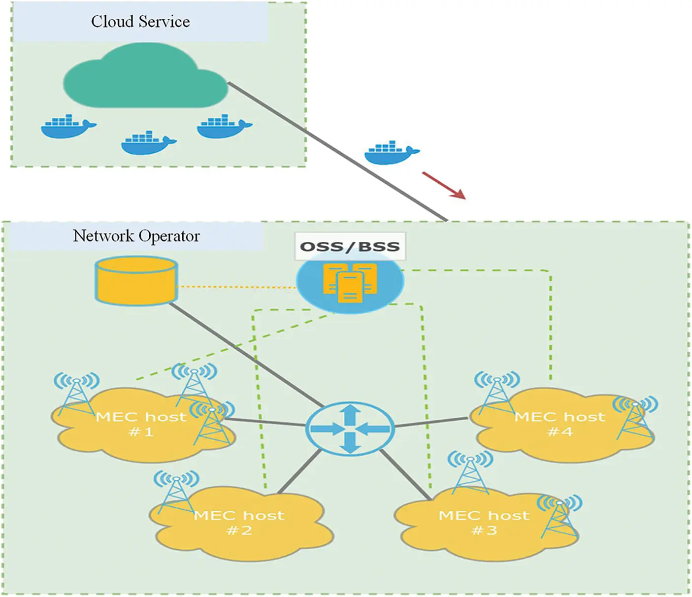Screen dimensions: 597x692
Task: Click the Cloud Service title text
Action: [140, 22]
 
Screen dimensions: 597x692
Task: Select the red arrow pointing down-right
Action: [443, 185]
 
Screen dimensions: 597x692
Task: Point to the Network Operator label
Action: [136, 236]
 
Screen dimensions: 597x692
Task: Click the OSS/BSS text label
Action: [350, 246]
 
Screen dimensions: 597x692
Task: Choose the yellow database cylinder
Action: [136, 280]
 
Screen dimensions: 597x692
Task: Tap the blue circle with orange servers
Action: [350, 283]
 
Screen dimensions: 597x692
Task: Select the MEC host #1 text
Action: [141, 424]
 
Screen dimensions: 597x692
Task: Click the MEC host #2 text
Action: [239, 523]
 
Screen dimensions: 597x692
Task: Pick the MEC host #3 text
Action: [484, 523]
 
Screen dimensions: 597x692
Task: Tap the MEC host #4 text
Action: [560, 424]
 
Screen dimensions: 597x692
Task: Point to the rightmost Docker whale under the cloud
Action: [224, 127]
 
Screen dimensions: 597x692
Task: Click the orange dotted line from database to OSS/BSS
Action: [236, 287]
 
